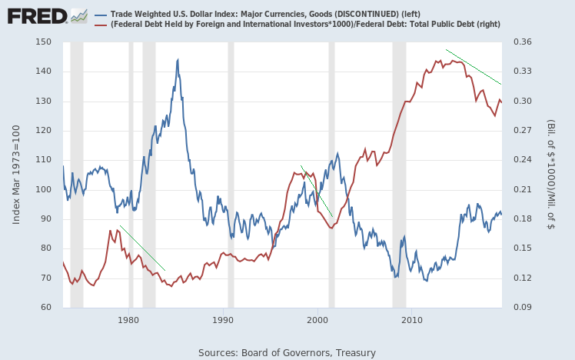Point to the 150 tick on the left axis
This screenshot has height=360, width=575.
(43, 42)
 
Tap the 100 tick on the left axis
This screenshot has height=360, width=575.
(43, 189)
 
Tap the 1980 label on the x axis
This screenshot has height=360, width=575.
(128, 318)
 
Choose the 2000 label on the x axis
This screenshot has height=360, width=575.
(317, 318)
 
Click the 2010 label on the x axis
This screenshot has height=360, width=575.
(412, 318)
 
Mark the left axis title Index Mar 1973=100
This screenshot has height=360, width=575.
(17, 175)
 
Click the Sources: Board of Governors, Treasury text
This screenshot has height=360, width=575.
(287, 352)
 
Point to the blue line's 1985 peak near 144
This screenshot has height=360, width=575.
(178, 60)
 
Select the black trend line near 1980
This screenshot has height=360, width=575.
(142, 248)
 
